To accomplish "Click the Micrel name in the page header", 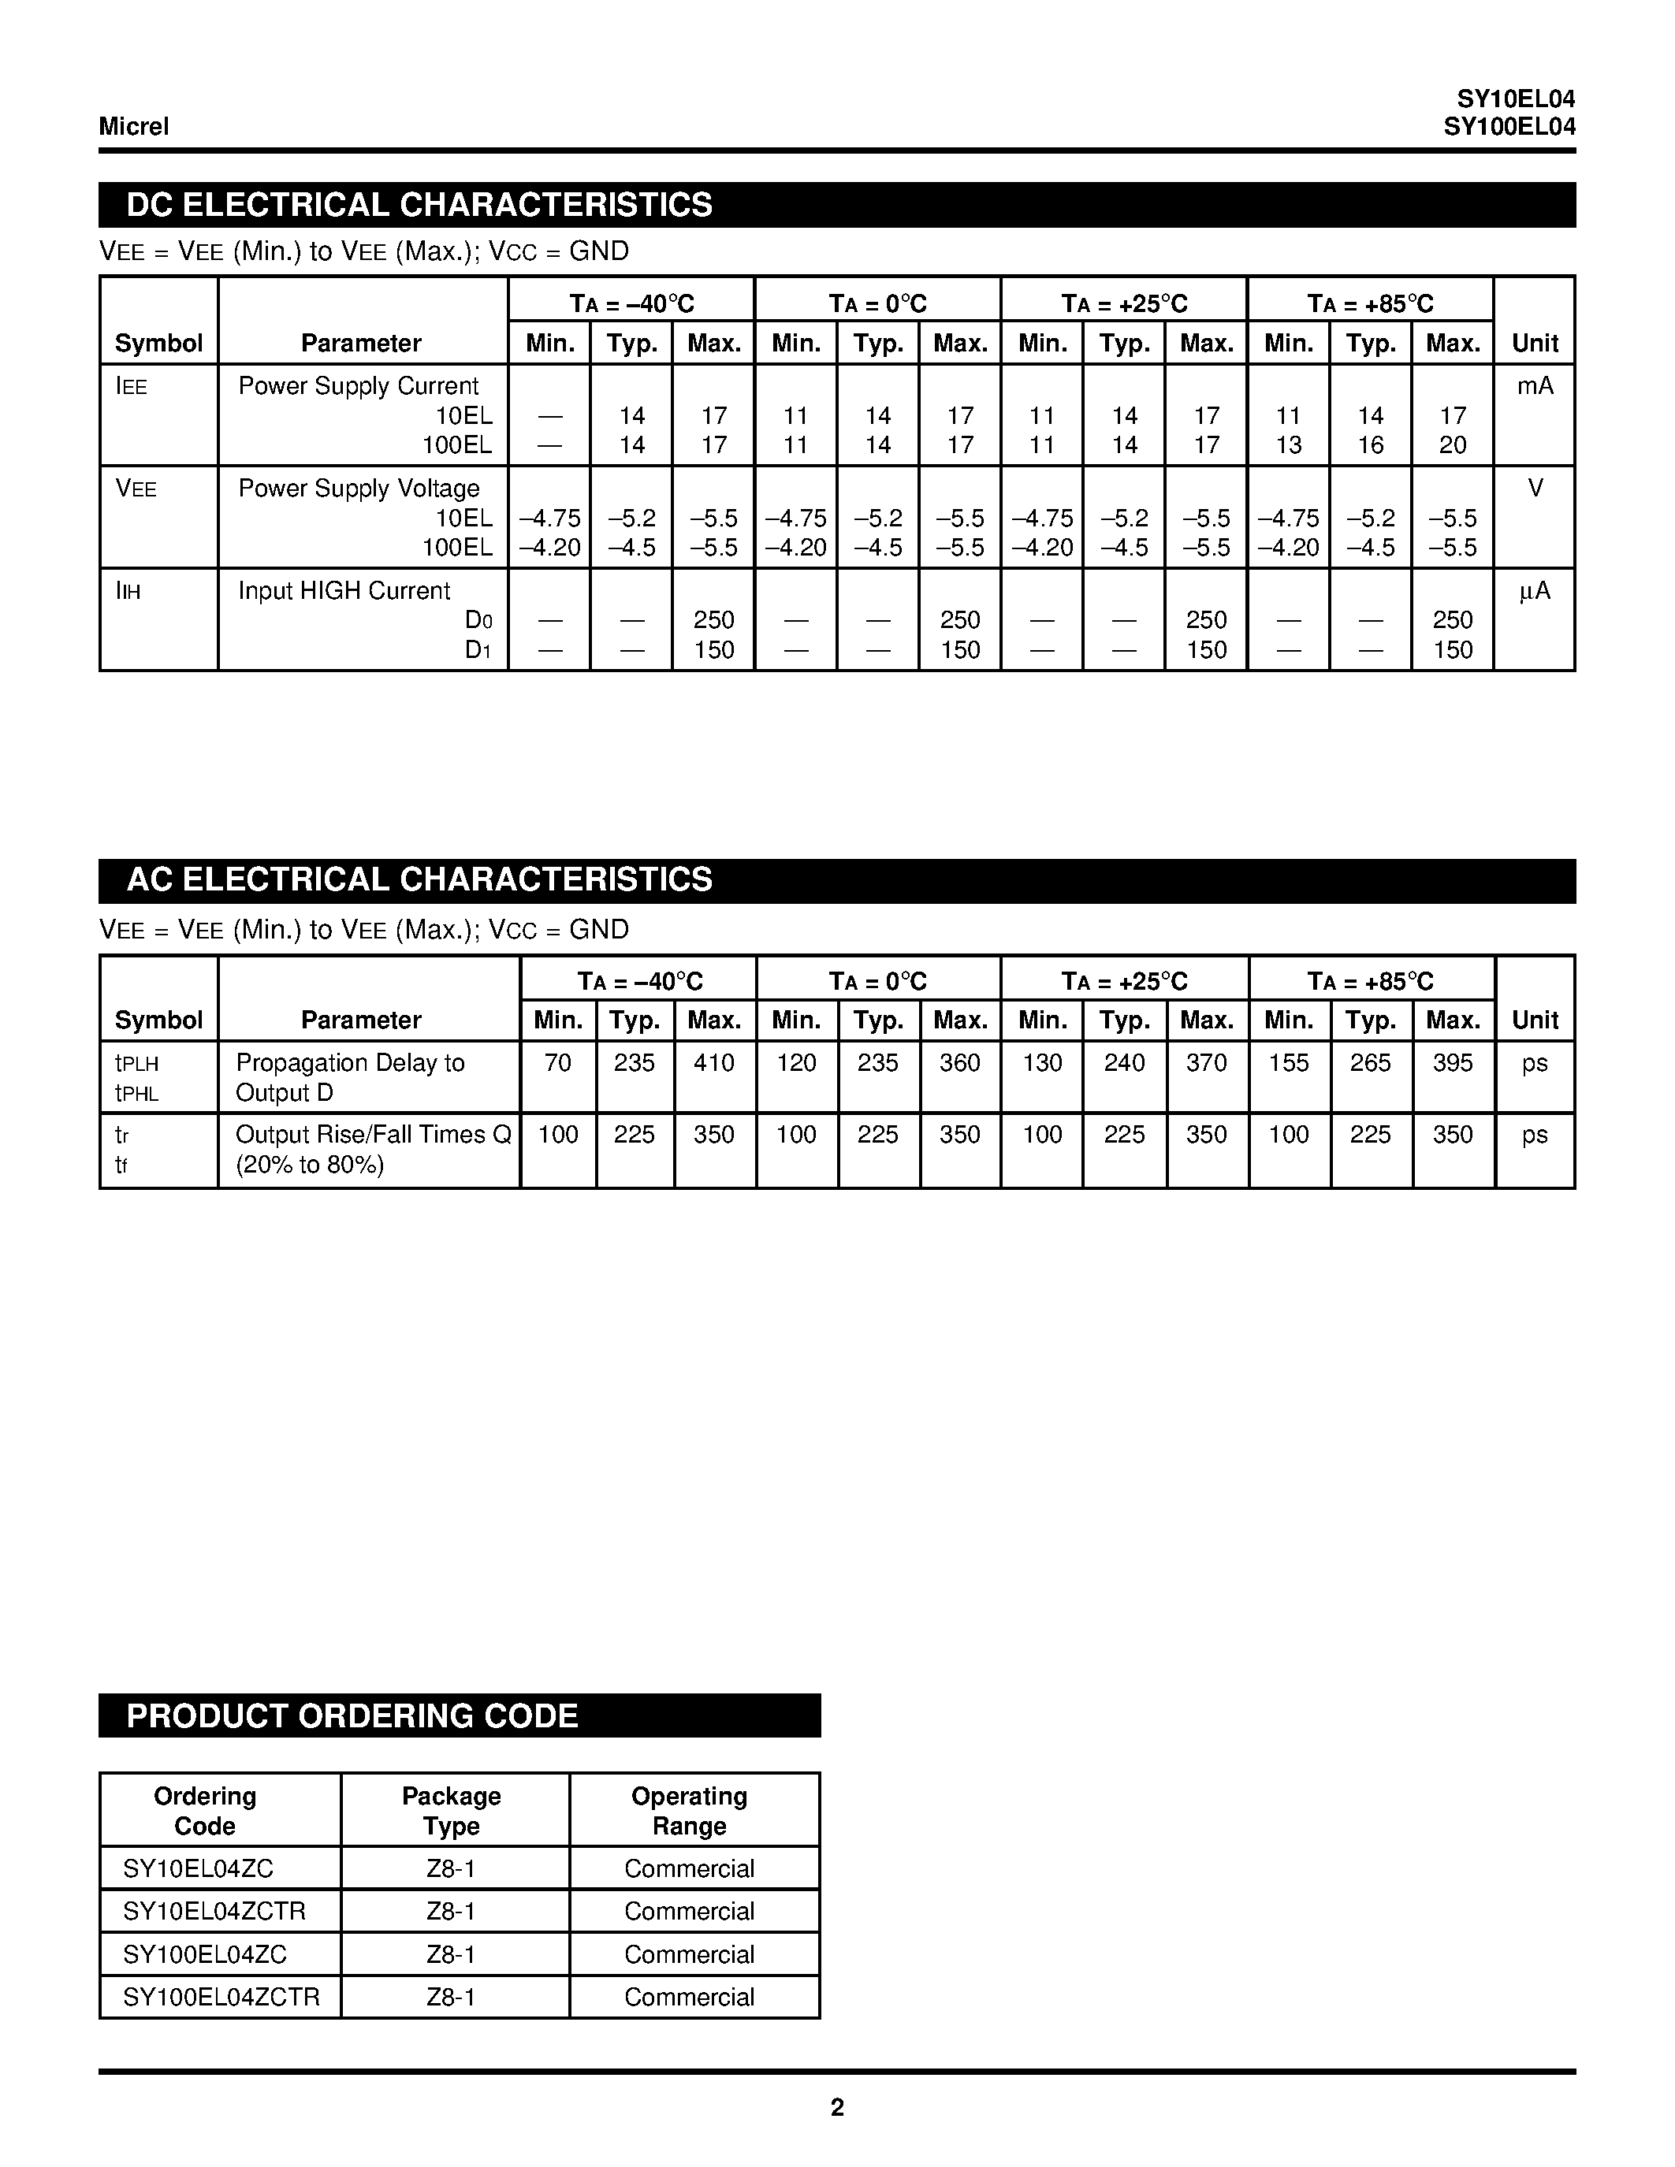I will [x=134, y=126].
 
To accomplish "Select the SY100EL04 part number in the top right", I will [x=1509, y=127].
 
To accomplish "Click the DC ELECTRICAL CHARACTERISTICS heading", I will [x=419, y=204].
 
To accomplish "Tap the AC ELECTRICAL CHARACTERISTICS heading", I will [x=419, y=880].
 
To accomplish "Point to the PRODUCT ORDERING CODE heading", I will [x=352, y=1716].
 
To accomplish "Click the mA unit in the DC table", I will [x=1534, y=386].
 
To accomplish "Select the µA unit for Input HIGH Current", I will [x=1534, y=591].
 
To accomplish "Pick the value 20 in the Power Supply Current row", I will [x=1452, y=445].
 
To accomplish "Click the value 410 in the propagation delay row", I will [x=713, y=1063].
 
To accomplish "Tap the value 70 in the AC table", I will [x=557, y=1063].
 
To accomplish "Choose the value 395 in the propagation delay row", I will [x=1452, y=1063].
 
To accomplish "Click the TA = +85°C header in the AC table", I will [x=1371, y=981].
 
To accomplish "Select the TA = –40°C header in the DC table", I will [x=631, y=303].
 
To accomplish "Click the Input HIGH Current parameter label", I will [x=344, y=591].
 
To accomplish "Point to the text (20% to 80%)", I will [x=310, y=1165].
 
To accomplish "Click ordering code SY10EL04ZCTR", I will [x=214, y=1911].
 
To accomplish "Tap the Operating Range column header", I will [x=689, y=1811].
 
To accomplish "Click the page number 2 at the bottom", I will [x=836, y=2107].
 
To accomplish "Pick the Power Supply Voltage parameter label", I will [x=358, y=489].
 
